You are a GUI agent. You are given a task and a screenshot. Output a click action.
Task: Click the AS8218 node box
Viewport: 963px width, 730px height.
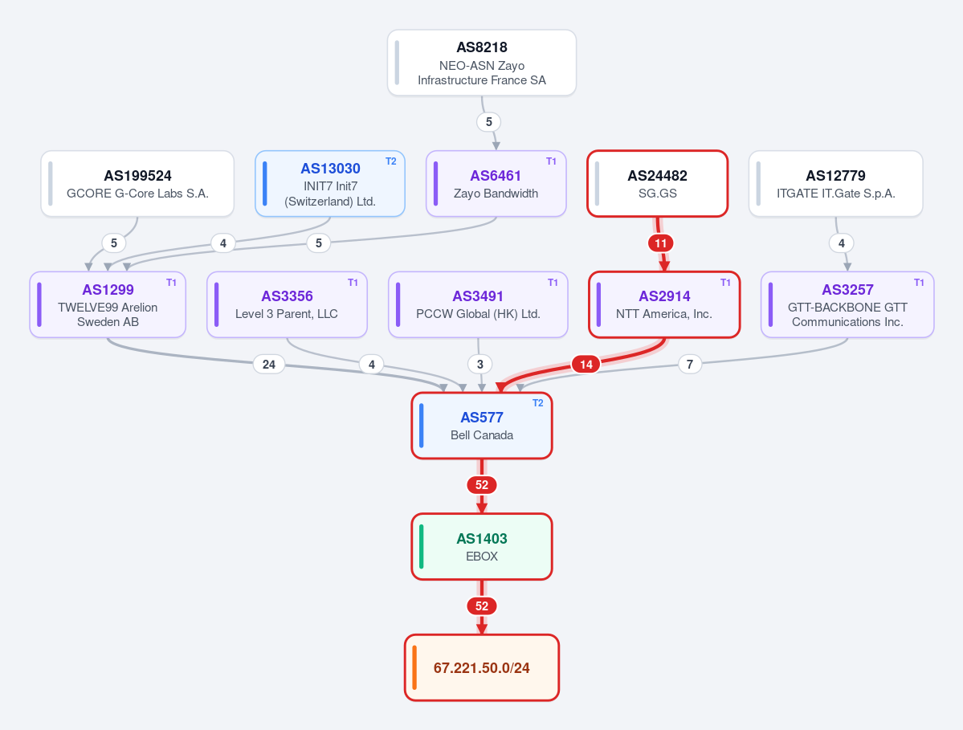coord(482,63)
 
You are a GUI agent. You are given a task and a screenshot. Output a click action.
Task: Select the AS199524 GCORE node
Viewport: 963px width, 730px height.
coord(137,184)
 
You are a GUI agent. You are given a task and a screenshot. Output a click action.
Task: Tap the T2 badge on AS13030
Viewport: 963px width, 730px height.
coord(390,161)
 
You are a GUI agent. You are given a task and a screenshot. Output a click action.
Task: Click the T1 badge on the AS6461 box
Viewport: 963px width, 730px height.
coord(551,161)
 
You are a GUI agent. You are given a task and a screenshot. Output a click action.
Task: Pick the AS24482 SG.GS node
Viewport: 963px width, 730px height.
coord(658,184)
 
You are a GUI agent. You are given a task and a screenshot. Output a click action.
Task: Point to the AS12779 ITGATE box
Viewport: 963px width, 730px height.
coord(836,184)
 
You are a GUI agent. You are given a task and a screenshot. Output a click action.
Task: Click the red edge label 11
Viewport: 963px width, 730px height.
coord(661,243)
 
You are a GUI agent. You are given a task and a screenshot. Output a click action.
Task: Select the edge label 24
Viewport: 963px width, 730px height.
coord(269,364)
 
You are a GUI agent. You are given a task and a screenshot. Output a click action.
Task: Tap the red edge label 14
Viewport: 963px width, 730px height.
coord(586,364)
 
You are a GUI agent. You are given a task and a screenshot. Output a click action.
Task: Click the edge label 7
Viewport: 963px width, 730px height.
coord(690,364)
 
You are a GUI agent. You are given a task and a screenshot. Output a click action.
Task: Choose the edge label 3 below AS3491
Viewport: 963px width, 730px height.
coord(480,364)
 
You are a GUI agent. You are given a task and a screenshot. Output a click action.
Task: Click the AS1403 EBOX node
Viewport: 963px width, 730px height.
coord(482,546)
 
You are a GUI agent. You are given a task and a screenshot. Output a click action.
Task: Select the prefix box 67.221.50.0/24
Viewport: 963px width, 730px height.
coord(482,667)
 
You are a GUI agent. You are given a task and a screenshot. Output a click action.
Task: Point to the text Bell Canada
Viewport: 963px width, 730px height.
coord(482,435)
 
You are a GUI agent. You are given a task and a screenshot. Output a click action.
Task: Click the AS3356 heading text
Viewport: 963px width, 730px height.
coord(287,296)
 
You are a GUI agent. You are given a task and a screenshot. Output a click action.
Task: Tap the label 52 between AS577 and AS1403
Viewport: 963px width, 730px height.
coord(482,485)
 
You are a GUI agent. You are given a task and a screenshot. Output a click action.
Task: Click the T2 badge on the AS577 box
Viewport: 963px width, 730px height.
coord(537,403)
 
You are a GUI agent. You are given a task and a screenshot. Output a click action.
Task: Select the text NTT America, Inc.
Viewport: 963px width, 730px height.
coord(664,314)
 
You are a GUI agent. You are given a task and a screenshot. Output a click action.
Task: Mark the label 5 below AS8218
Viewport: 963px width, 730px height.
coord(489,121)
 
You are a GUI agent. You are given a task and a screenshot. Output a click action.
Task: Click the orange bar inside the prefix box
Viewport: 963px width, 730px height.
coord(414,667)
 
